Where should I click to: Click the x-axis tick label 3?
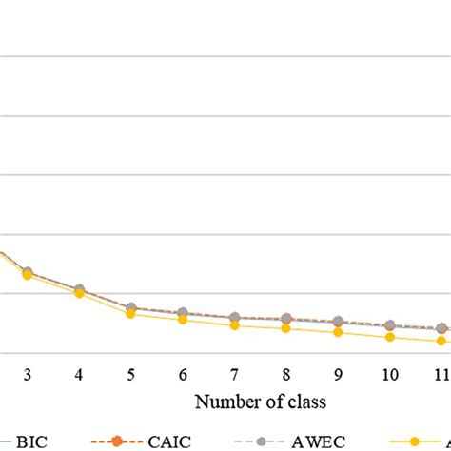(28, 375)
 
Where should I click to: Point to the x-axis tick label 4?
(79, 375)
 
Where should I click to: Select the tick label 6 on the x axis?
(183, 375)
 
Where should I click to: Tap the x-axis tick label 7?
(234, 375)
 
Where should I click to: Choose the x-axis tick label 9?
(338, 375)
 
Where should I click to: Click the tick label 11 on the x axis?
(440, 375)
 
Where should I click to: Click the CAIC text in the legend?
(167, 441)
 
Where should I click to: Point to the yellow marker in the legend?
(414, 441)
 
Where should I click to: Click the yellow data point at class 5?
(131, 314)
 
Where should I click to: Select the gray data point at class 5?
(131, 307)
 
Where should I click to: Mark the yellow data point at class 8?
(286, 328)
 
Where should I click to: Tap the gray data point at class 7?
(234, 317)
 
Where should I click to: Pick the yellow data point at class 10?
(389, 337)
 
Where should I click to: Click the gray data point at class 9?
(338, 322)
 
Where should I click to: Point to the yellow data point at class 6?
(183, 320)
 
